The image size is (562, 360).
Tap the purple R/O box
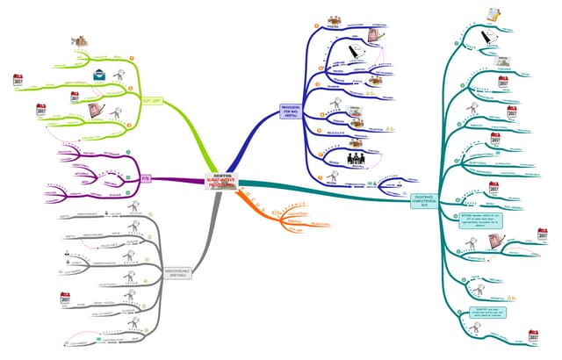146,177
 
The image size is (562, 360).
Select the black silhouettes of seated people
358,160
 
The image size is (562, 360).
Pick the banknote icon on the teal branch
505,62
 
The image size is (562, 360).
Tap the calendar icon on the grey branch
63,301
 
